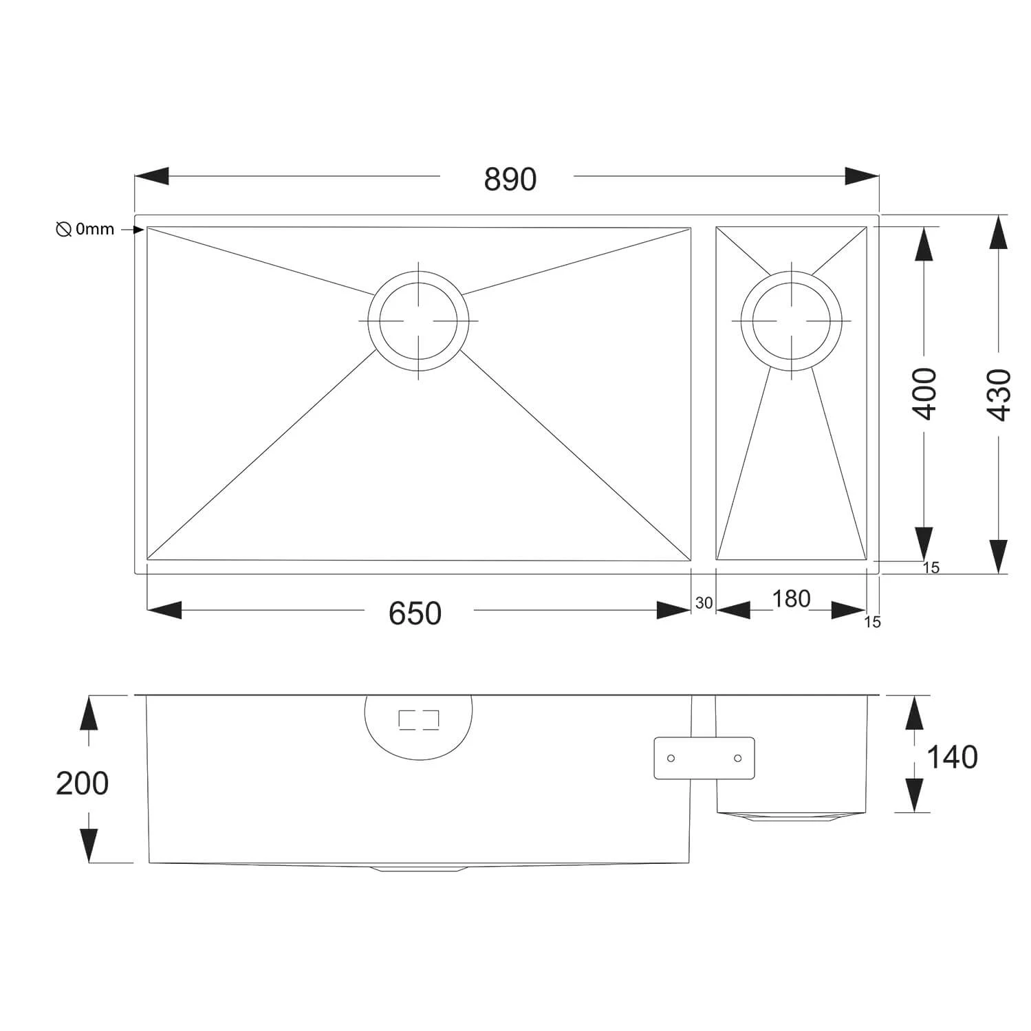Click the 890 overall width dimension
click(510, 180)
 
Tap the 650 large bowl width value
click(415, 613)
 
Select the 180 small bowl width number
click(791, 599)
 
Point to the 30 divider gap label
click(704, 603)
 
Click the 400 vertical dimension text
click(925, 393)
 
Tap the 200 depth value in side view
click(82, 783)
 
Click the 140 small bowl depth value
click(952, 757)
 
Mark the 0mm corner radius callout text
click(95, 230)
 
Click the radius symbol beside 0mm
click(63, 230)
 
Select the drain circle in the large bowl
click(418, 321)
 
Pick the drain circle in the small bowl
click(791, 321)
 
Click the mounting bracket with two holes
click(704, 758)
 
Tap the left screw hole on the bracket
click(671, 758)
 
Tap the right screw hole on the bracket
click(737, 758)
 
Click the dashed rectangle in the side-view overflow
click(418, 719)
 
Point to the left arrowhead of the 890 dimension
click(151, 176)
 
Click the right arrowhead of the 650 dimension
click(673, 610)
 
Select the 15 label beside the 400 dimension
click(931, 568)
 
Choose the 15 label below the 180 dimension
click(871, 622)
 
